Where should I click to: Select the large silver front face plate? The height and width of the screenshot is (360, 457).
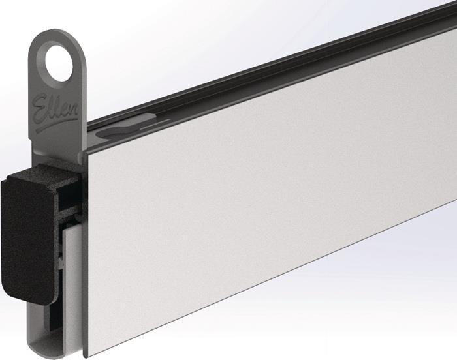261,196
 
